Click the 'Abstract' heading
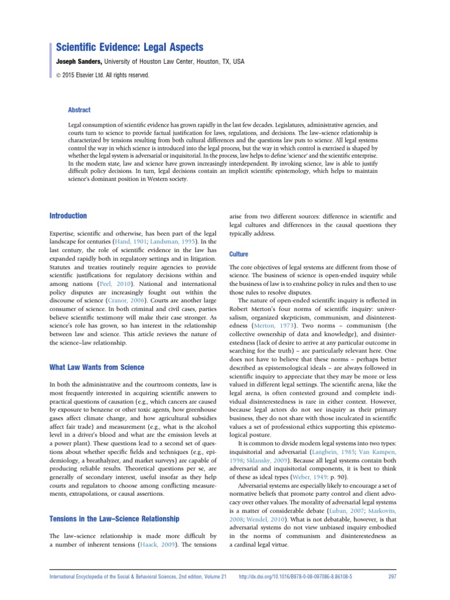pyautogui.click(x=79, y=110)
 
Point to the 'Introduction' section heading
pyautogui.click(x=68, y=216)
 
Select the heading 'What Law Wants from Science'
pyautogui.click(x=96, y=367)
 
